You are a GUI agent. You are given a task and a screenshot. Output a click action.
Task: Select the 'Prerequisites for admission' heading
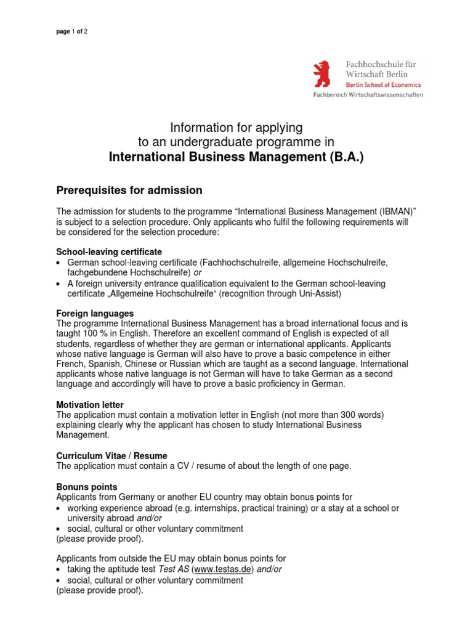click(x=129, y=190)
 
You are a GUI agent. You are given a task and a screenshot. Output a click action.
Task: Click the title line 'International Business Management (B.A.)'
click(x=236, y=157)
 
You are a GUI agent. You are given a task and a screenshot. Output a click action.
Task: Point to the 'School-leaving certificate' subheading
click(x=109, y=252)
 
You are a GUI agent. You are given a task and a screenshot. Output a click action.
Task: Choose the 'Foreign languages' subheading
click(x=95, y=313)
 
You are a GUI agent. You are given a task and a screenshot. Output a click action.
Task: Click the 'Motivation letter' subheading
click(x=90, y=405)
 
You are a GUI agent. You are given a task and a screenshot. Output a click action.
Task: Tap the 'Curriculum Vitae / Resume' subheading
click(x=111, y=455)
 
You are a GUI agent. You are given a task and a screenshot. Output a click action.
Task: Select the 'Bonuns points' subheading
click(x=87, y=486)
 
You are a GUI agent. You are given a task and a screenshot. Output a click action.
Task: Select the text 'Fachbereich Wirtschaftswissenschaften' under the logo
click(x=368, y=96)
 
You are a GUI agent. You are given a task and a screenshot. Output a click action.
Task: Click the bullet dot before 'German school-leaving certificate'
click(x=59, y=263)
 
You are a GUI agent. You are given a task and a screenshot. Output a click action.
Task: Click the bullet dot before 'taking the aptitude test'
click(x=59, y=570)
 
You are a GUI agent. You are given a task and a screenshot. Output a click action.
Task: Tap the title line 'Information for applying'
click(x=236, y=128)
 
